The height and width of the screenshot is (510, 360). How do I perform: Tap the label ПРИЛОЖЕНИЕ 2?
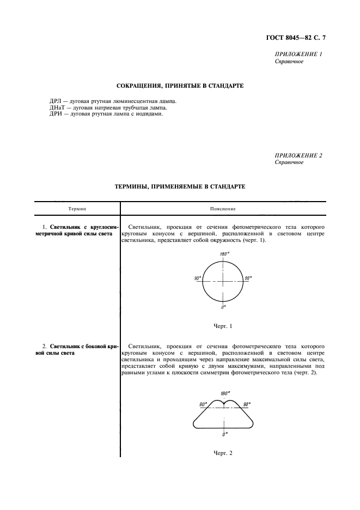298,155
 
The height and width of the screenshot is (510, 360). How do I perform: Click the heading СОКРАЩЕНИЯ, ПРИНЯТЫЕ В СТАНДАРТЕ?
180,86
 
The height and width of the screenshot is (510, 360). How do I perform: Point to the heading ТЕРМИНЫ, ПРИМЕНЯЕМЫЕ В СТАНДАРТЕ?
180,186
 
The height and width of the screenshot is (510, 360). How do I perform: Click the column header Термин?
77,209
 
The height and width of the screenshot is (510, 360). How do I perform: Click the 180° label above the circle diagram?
223,254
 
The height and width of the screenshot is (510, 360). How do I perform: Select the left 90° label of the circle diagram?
197,278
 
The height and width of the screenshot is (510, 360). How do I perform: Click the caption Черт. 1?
223,326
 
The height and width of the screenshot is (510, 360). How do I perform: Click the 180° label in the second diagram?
225,393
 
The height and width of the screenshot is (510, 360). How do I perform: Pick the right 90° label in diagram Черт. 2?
247,404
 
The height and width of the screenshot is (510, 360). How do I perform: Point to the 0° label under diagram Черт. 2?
224,434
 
